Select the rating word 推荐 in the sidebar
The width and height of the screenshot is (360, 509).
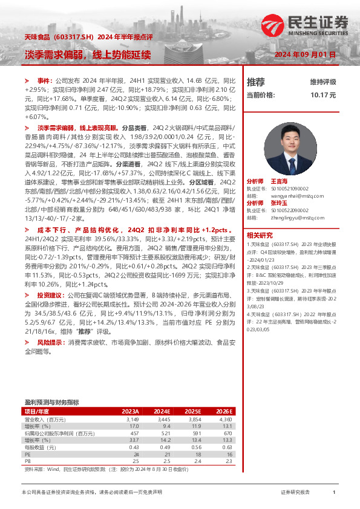tap(256, 82)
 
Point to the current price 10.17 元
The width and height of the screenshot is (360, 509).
tap(323, 95)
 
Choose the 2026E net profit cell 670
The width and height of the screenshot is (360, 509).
tap(227, 433)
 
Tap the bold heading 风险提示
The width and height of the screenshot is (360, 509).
tap(50, 342)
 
